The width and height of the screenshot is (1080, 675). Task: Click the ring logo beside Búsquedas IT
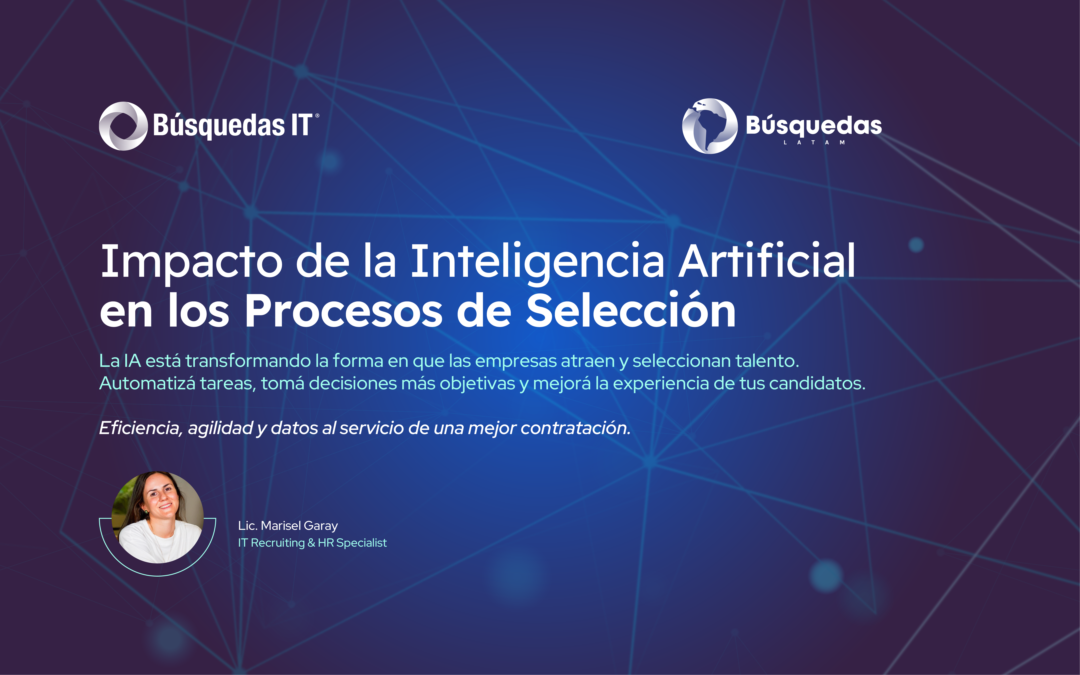(123, 126)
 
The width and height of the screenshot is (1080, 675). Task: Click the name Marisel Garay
(299, 526)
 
